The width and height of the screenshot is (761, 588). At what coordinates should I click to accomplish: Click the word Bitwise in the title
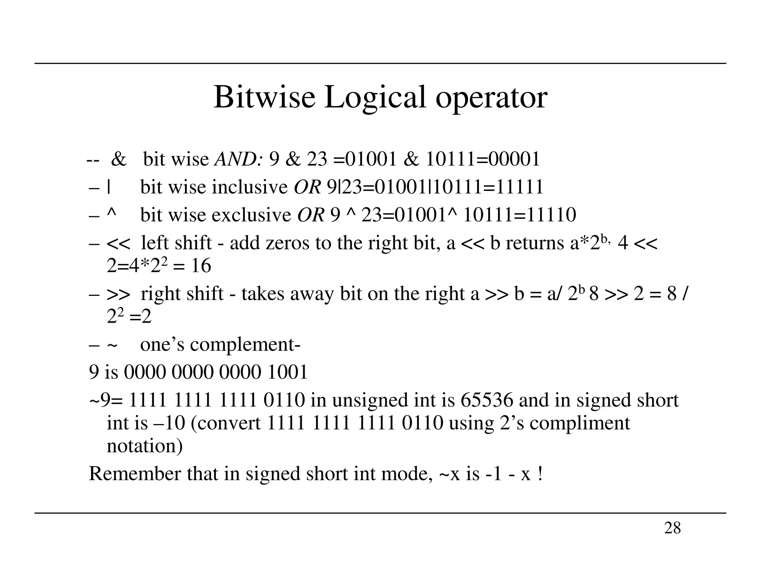[x=264, y=97]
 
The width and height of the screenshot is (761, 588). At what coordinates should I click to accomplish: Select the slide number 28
[x=672, y=528]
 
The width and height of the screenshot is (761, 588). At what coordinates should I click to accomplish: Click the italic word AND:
[x=239, y=159]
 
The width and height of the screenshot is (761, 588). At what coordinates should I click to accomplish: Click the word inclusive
[x=250, y=187]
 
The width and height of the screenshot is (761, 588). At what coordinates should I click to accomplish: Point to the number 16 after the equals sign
[x=201, y=266]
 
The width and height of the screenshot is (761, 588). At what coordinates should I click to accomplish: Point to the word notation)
[x=145, y=446]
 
